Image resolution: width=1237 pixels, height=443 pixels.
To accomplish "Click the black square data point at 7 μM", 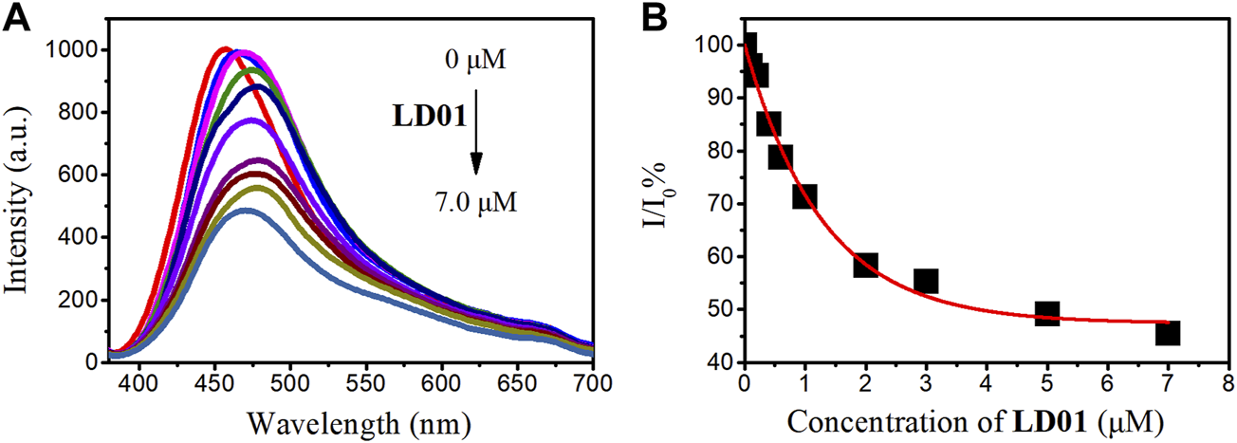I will tap(1167, 333).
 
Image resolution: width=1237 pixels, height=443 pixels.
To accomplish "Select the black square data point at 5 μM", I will tap(1046, 313).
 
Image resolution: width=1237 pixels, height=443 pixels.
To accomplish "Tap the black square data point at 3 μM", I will tap(926, 281).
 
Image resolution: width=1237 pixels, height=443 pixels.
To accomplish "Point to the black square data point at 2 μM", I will tap(865, 265).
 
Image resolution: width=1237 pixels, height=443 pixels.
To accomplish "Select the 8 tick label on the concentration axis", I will tap(1228, 382).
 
